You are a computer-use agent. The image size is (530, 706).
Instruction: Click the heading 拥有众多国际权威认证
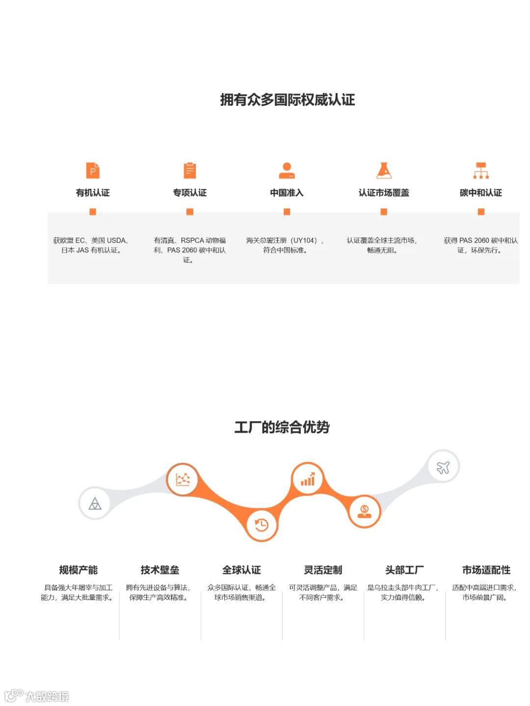click(x=287, y=100)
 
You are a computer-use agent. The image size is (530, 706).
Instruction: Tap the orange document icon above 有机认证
click(x=93, y=171)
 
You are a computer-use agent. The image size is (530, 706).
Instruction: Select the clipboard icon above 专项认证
click(x=189, y=171)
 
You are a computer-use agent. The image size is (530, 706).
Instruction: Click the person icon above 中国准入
click(x=287, y=171)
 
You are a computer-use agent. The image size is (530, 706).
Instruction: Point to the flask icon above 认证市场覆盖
click(x=384, y=171)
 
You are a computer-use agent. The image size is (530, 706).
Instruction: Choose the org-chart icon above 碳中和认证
click(x=481, y=171)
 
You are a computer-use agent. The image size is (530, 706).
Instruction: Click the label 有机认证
click(x=93, y=193)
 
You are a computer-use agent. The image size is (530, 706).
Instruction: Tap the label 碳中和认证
click(x=481, y=193)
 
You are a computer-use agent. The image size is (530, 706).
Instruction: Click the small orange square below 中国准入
click(x=287, y=212)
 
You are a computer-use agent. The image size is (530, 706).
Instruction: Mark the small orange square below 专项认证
click(x=189, y=212)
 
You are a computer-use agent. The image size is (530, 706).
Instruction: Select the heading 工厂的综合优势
click(x=282, y=427)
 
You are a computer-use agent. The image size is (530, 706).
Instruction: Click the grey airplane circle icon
click(x=443, y=467)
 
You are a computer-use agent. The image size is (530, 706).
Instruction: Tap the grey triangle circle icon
click(x=95, y=503)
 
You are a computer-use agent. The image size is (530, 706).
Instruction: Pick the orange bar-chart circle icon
click(x=308, y=479)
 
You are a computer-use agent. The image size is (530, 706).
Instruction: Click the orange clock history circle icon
click(x=262, y=525)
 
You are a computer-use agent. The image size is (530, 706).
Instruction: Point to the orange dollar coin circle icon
click(x=364, y=511)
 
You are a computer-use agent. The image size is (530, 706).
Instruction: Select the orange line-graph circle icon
click(x=183, y=479)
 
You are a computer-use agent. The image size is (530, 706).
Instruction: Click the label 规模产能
click(x=79, y=570)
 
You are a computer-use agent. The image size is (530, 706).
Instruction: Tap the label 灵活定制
click(x=323, y=570)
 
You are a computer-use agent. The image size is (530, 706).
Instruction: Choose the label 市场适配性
click(x=486, y=570)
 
